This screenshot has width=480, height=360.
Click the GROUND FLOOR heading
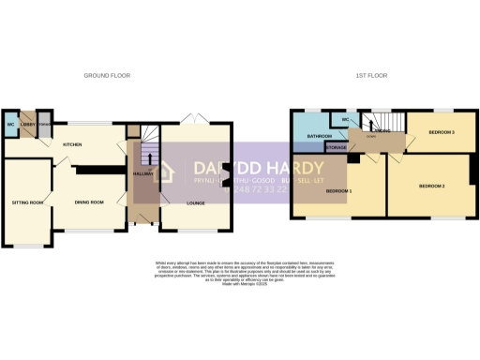point(107,75)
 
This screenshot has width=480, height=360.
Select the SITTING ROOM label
point(28,202)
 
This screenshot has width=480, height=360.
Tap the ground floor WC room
point(10,124)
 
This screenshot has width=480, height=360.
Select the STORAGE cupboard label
point(337,147)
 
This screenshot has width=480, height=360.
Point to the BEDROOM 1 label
point(338,191)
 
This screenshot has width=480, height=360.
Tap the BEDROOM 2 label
point(430,187)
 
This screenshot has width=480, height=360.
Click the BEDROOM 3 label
point(441,132)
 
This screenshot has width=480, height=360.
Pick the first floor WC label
point(345,120)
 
